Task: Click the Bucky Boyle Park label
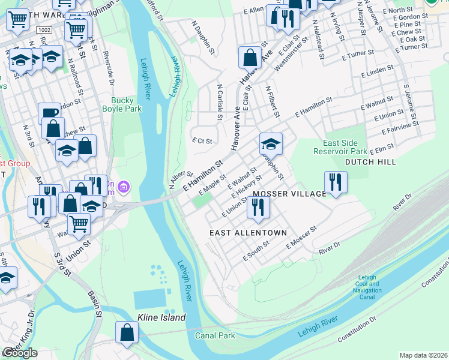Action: [x=126, y=105]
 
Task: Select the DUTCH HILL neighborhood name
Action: [x=369, y=162]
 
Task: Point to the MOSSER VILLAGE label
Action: [x=289, y=194]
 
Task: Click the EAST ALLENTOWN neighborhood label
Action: [x=248, y=232]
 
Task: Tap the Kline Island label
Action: [x=161, y=317]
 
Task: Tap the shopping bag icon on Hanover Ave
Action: [x=250, y=58]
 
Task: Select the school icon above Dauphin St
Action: [x=271, y=144]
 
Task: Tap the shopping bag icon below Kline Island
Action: [x=127, y=333]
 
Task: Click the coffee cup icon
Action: [x=49, y=113]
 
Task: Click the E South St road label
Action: [x=256, y=253]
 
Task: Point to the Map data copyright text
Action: [x=423, y=355]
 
